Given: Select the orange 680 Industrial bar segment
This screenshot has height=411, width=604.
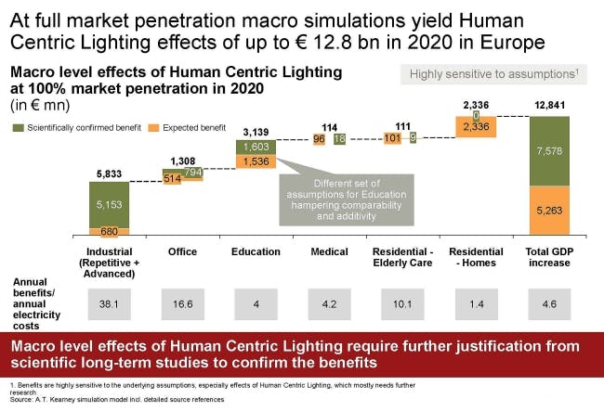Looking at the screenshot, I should [109, 231].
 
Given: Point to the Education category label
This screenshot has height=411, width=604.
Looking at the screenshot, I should [255, 251].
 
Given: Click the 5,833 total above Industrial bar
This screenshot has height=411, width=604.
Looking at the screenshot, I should [108, 173].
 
